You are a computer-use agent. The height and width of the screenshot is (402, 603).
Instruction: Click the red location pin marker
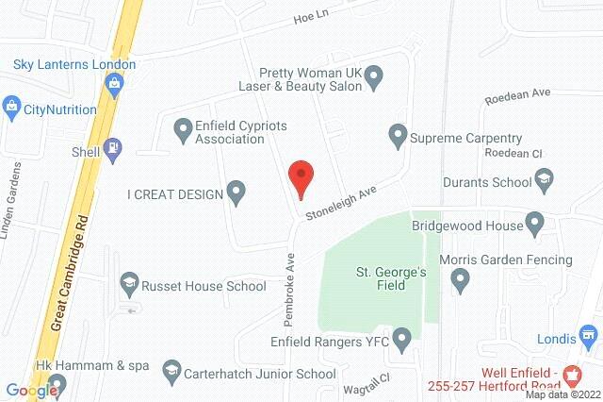pyautogui.click(x=300, y=177)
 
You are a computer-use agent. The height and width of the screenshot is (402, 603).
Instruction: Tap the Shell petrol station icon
pyautogui.click(x=113, y=148)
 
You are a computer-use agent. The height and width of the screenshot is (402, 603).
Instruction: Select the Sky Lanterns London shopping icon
pyautogui.click(x=115, y=84)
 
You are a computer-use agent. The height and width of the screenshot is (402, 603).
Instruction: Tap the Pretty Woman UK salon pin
pyautogui.click(x=373, y=75)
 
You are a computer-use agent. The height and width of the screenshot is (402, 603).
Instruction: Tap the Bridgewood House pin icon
pyautogui.click(x=535, y=225)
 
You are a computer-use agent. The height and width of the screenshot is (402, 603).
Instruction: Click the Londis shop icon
pyautogui.click(x=591, y=335)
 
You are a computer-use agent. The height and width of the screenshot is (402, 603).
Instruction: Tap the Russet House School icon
pyautogui.click(x=128, y=284)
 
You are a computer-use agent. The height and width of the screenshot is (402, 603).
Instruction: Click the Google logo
pyautogui.click(x=32, y=391)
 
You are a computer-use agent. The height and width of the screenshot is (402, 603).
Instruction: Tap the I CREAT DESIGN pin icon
pyautogui.click(x=237, y=194)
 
